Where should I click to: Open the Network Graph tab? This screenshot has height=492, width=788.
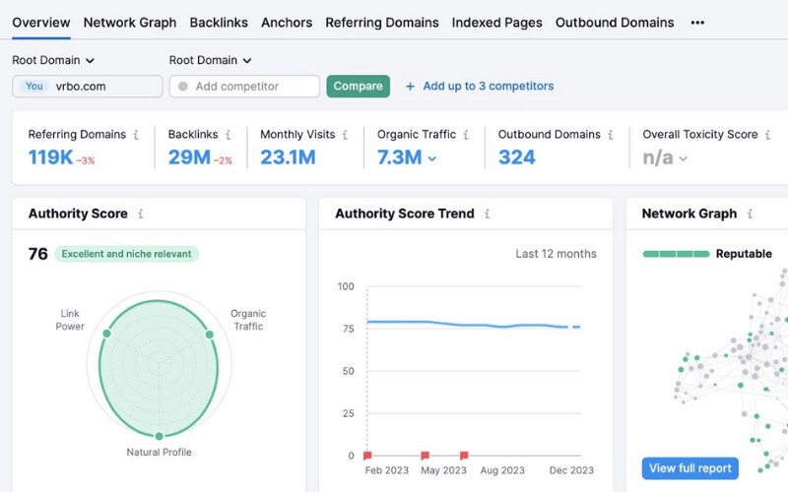coord(130,23)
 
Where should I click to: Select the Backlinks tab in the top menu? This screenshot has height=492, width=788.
coord(219,23)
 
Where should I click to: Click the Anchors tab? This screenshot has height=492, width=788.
coord(287,23)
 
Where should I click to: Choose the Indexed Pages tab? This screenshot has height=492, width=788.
coord(497,23)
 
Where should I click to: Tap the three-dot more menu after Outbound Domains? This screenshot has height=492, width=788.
coord(697,23)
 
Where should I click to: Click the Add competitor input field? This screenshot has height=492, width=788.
coord(244,87)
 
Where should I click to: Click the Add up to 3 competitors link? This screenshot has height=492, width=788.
coord(480,87)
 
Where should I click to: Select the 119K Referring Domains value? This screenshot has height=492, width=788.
coord(50,157)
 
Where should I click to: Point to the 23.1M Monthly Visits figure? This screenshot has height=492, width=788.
coord(288,157)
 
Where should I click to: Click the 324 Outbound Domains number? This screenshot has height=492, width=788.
coord(516,157)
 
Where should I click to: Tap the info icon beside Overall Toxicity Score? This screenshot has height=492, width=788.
coord(767,135)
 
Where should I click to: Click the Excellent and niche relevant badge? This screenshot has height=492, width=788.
coord(127,254)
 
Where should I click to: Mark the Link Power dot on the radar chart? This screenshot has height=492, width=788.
coord(106,334)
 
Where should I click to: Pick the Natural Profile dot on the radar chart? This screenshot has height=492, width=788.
coord(159,436)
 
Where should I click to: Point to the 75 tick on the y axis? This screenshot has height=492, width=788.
coord(349,329)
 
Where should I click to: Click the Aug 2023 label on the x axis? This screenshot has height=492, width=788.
coord(502,470)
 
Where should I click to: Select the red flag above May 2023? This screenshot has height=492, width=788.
coord(426,456)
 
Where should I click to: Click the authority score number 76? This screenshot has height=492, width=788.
coord(37,254)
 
